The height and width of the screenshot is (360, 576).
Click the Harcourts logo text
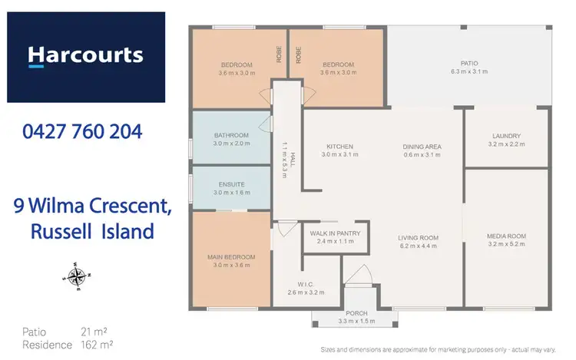pos(85,55)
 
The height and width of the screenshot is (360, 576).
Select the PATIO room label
pos(469,64)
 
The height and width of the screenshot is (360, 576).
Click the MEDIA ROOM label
pos(506,236)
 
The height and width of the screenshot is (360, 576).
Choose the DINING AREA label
pos(422,146)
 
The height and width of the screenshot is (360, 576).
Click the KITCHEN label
pos(339,146)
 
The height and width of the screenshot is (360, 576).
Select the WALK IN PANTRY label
pos(338,233)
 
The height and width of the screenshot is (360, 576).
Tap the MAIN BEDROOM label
pos(230,257)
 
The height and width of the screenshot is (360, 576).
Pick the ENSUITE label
pos(230,184)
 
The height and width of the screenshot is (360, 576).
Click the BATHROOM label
pos(230,135)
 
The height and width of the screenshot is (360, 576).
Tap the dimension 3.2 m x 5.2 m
pos(506,244)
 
